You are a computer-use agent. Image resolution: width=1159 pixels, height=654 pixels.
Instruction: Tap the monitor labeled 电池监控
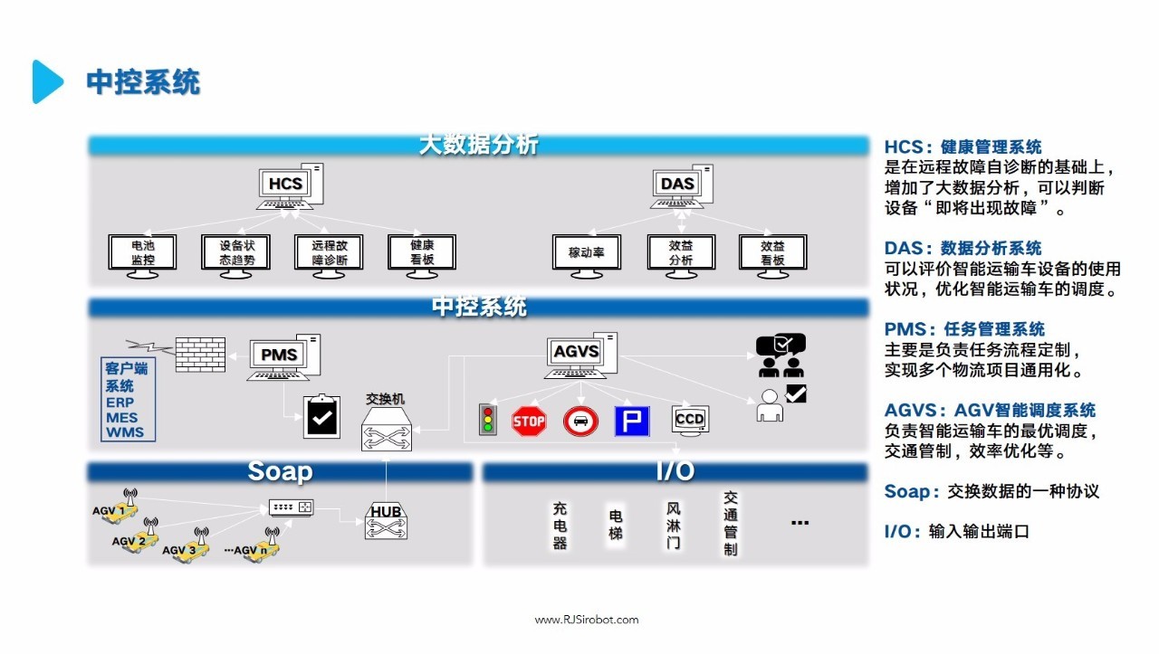point(142,254)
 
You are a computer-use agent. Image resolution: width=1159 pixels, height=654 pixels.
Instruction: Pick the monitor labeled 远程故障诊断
point(328,254)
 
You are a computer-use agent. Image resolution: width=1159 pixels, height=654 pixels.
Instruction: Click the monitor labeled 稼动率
point(586,254)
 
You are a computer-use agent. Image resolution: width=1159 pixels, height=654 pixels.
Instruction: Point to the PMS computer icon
point(283,356)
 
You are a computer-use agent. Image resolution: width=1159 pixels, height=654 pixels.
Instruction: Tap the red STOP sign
point(529,422)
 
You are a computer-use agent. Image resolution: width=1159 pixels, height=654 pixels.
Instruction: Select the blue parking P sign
point(632,422)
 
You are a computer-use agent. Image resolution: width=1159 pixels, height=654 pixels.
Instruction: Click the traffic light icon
point(489,421)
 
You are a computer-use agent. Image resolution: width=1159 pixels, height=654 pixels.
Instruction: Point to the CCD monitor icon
point(690,421)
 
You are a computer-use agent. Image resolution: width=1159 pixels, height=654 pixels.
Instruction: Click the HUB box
point(387,521)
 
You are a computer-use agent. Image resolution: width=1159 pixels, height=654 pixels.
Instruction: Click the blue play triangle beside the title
point(47,81)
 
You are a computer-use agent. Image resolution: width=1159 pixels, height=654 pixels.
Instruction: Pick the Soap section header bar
point(280,472)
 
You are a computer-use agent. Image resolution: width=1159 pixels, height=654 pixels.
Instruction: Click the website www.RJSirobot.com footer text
point(586,620)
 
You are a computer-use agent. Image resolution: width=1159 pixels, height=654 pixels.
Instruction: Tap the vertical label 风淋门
point(673,526)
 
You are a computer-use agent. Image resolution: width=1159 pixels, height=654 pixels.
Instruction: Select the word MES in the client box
point(121,418)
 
